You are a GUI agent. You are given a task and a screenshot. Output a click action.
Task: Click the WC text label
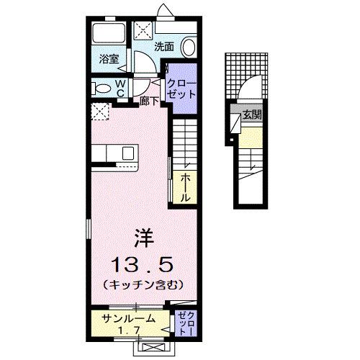pos(121,88)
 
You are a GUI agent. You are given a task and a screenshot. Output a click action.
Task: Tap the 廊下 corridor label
pos(149,102)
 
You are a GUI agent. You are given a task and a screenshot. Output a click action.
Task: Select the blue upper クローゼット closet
pos(181,90)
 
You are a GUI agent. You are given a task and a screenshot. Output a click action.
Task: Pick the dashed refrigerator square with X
pos(100,111)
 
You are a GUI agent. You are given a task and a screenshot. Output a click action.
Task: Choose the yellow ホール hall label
pos(185,186)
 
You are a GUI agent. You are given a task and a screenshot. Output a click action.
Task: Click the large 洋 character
pos(143,235)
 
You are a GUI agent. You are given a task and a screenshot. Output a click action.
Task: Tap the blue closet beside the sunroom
pos(184,323)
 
